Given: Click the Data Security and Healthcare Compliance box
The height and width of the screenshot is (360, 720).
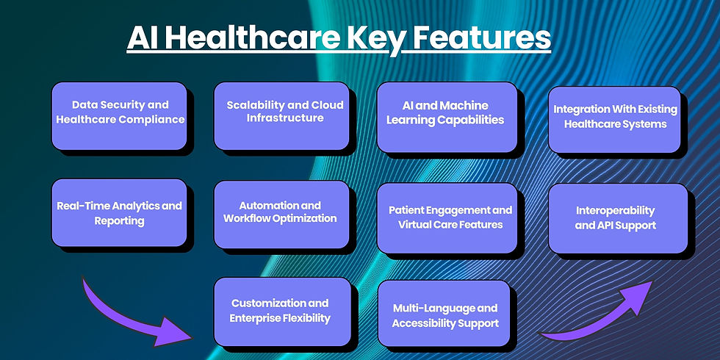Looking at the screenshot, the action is click(x=119, y=116).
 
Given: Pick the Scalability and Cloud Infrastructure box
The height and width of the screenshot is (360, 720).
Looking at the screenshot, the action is click(x=282, y=116).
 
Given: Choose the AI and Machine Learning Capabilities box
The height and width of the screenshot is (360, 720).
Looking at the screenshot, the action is click(x=447, y=117).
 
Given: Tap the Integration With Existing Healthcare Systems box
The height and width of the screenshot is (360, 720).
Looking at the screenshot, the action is click(x=614, y=119).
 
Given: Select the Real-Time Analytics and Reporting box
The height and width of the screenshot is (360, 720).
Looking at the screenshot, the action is click(x=119, y=212).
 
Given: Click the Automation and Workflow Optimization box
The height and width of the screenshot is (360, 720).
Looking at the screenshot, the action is click(x=282, y=215).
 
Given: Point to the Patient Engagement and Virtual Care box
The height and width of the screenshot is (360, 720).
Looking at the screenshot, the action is click(x=447, y=217).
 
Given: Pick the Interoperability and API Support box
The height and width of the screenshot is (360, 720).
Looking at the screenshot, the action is click(x=618, y=218).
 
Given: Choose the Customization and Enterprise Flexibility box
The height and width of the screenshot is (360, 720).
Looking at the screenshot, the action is click(x=282, y=312).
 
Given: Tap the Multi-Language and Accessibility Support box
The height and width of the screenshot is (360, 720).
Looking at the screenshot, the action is click(x=444, y=313).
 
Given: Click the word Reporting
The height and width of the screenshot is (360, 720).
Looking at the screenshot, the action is click(x=119, y=221).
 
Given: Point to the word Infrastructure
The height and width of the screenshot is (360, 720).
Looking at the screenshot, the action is click(x=285, y=118).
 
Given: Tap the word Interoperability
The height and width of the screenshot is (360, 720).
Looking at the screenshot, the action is click(x=616, y=210).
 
